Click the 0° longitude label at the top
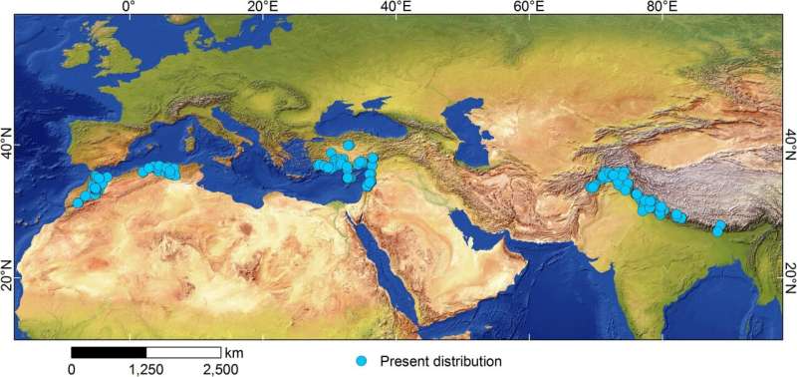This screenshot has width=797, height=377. click(x=128, y=7)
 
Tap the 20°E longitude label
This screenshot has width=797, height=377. click(x=262, y=7)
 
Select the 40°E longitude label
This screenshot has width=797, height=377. click(x=396, y=7)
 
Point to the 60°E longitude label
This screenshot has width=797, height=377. click(x=529, y=7)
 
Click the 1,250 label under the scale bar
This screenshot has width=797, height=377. click(x=146, y=369)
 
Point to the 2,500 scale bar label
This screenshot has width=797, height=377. click(x=220, y=369)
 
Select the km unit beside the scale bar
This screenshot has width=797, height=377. click(x=234, y=352)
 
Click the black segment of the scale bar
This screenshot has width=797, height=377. click(x=109, y=352)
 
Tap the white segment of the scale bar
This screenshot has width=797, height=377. click(x=183, y=352)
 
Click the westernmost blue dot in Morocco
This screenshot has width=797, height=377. click(x=78, y=203)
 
